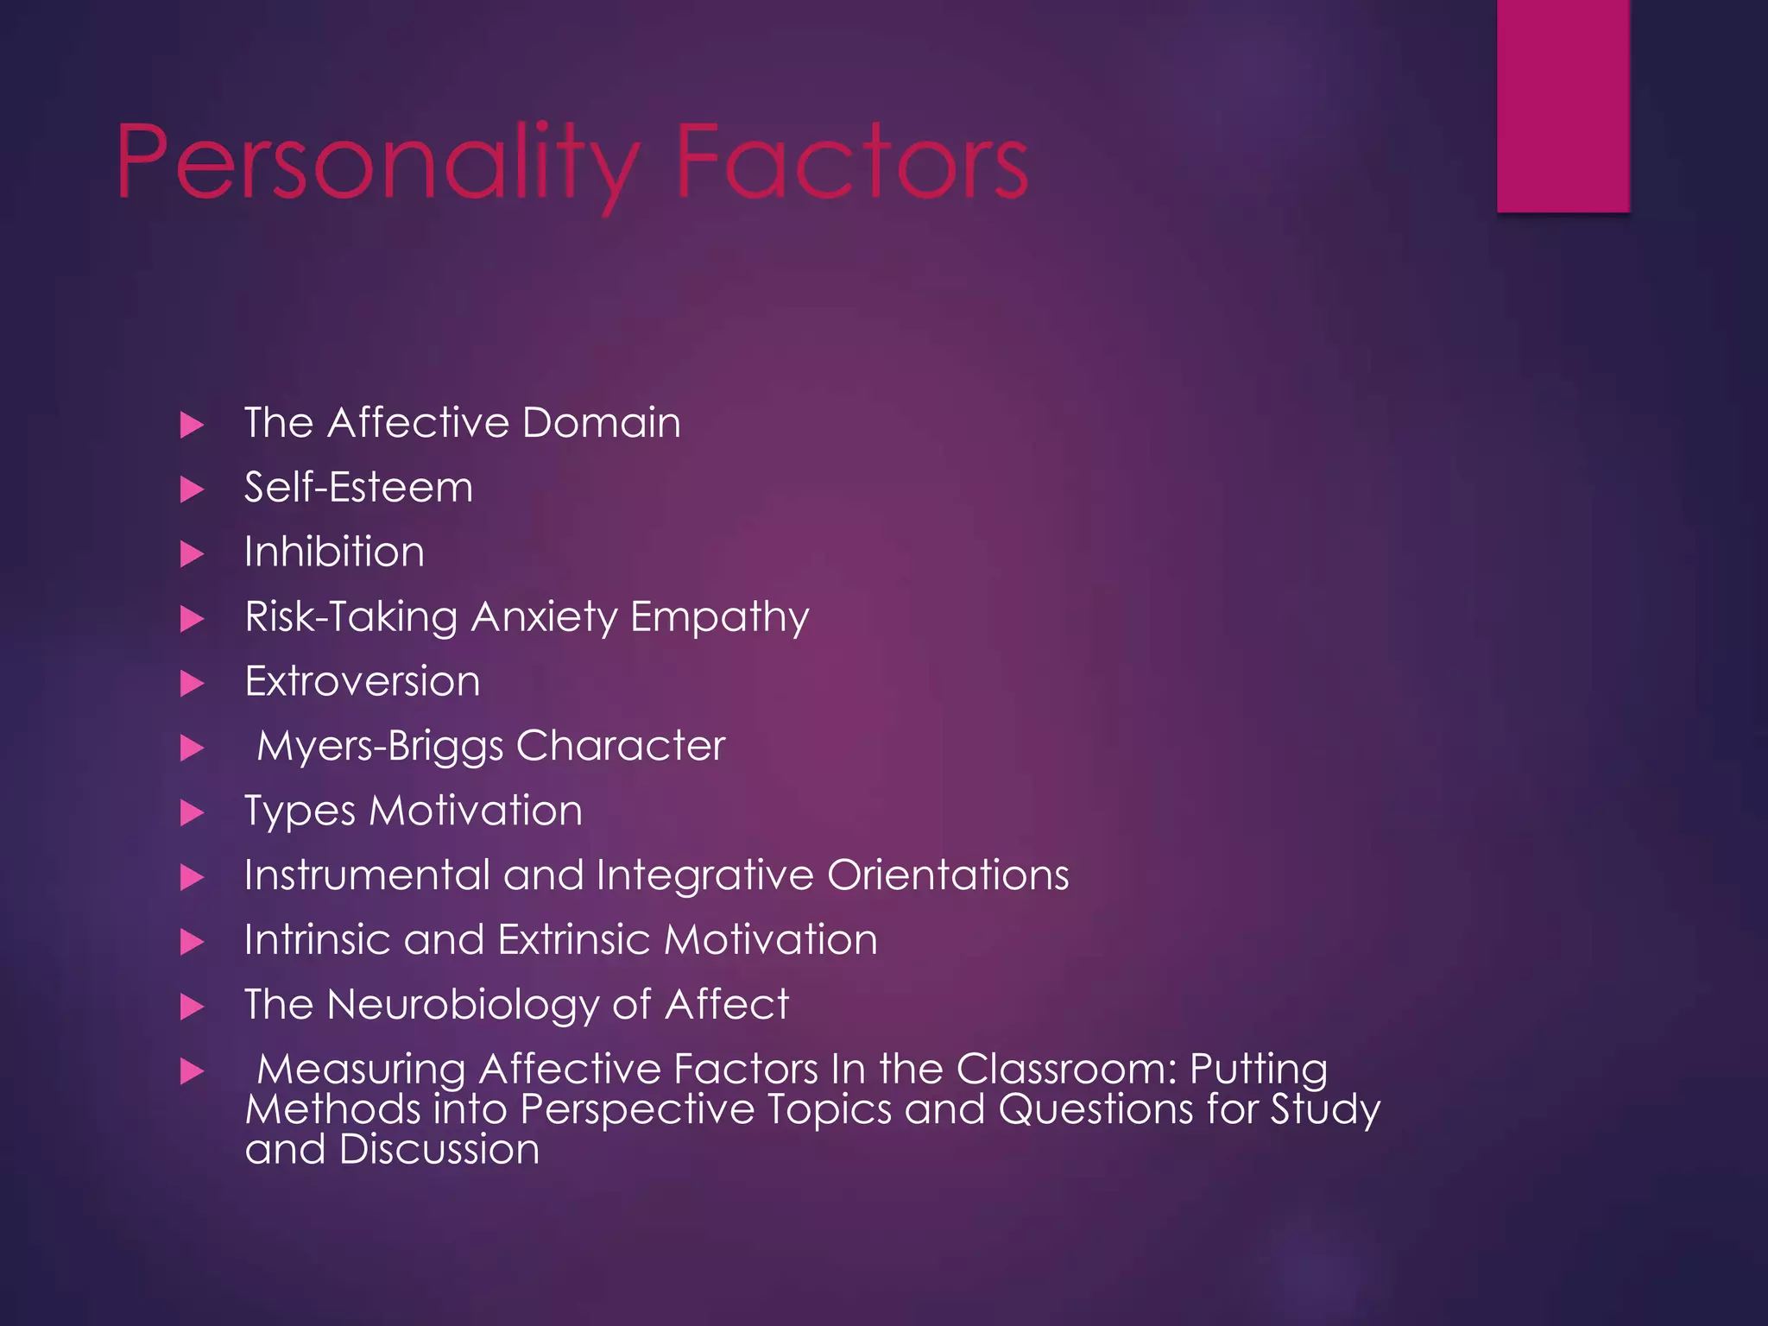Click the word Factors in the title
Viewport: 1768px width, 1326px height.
pos(851,162)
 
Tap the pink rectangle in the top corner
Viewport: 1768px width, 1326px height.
pos(1563,105)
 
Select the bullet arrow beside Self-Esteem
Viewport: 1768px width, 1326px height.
pos(192,489)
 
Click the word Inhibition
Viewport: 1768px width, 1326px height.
pos(334,552)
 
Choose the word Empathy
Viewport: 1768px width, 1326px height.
pos(720,618)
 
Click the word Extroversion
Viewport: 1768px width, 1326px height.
pos(362,682)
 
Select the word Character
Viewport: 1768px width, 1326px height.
pos(621,746)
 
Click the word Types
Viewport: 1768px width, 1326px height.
pos(300,811)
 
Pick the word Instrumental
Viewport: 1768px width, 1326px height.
pos(367,875)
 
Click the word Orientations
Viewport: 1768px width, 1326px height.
pos(948,875)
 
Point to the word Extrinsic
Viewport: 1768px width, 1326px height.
pos(573,940)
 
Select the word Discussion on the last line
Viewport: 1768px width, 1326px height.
pos(439,1150)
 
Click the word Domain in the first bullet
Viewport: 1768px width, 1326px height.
pos(601,423)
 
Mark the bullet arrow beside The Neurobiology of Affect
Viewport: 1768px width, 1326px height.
pos(192,1007)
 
